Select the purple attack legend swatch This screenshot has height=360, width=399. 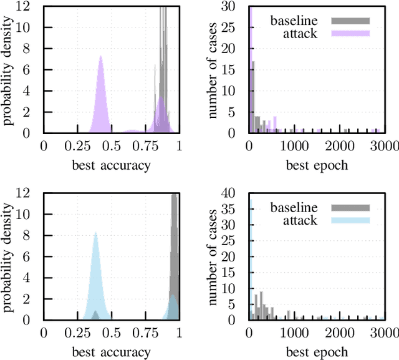point(353,33)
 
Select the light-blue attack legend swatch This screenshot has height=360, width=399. point(353,220)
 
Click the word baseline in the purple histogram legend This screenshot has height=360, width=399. point(294,21)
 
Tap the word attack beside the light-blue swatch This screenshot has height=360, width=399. point(302,220)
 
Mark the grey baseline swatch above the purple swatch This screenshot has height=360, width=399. point(353,21)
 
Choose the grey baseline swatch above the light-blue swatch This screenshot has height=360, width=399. point(353,208)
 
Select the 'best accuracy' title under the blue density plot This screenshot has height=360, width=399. point(111,353)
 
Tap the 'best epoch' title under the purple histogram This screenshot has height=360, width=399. point(317,165)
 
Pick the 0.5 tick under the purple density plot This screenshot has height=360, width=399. point(111,147)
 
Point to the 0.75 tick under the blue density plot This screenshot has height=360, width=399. point(145,333)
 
